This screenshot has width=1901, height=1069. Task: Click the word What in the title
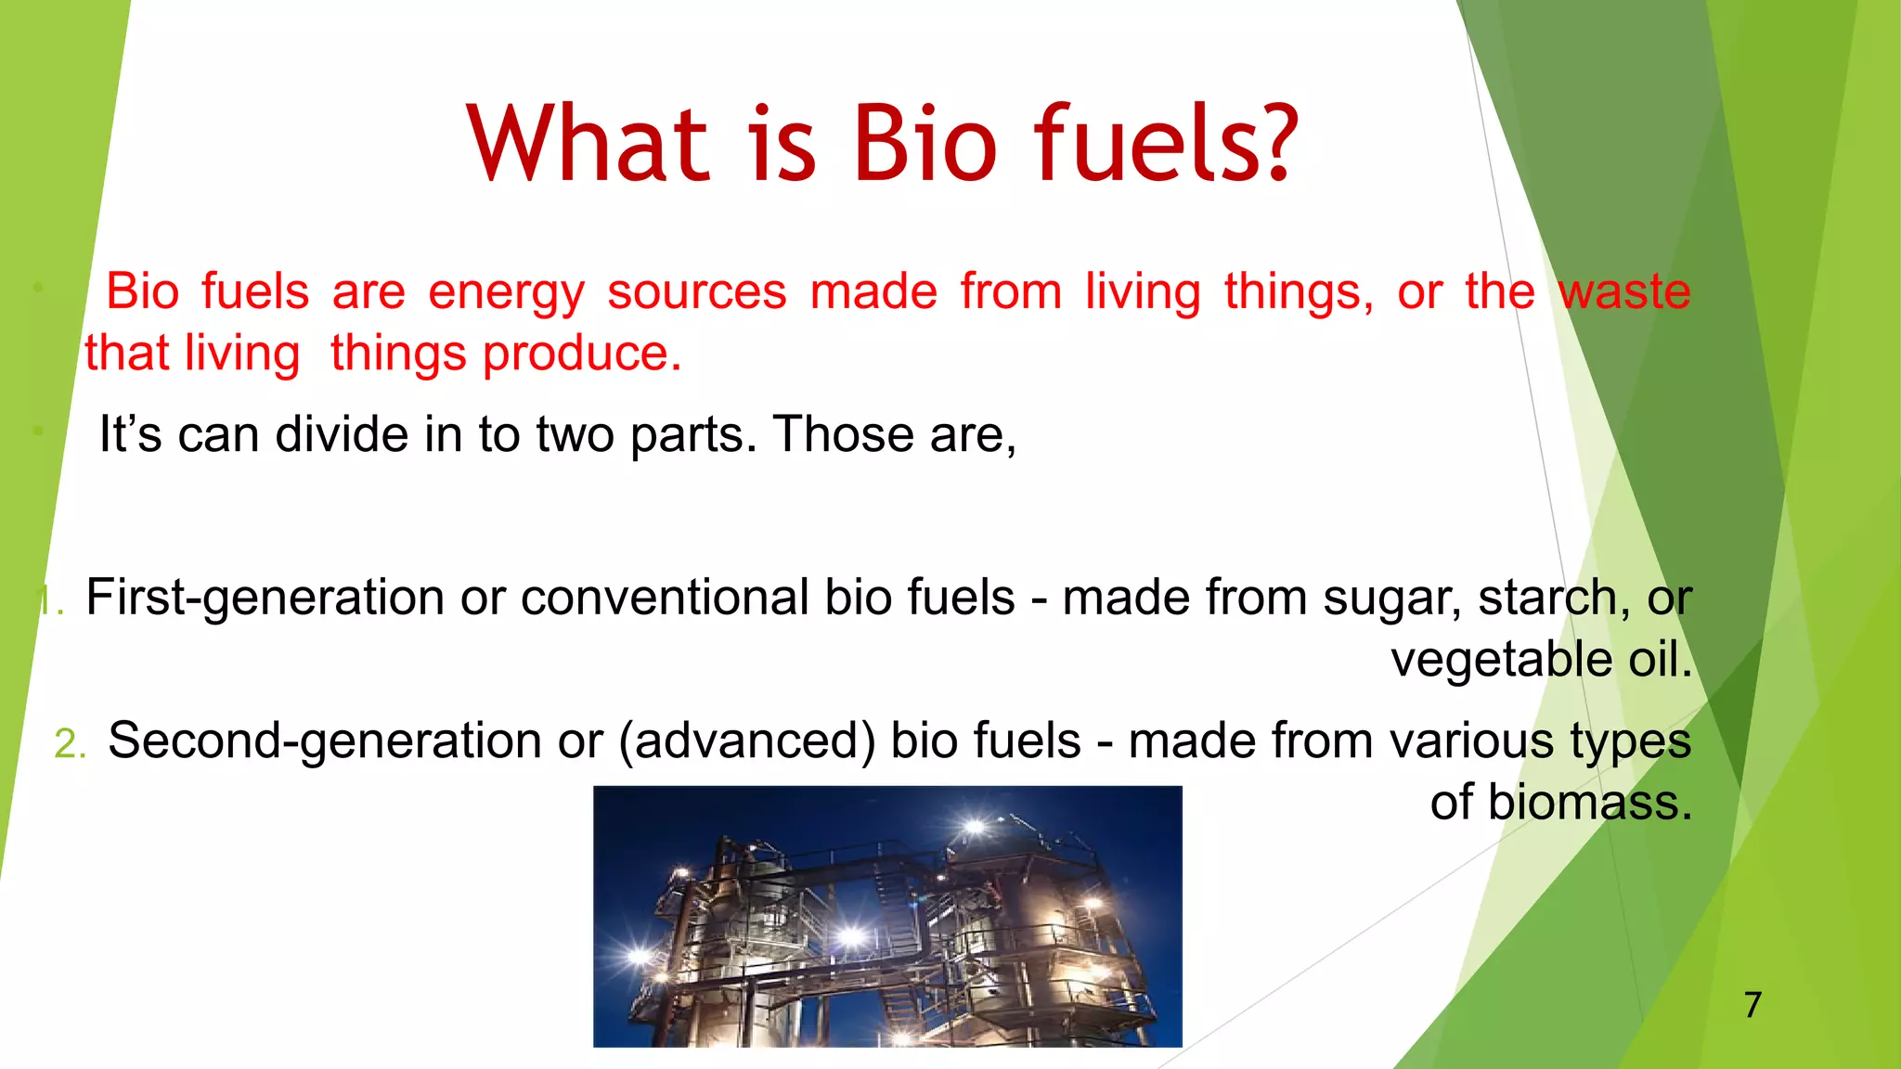click(x=588, y=144)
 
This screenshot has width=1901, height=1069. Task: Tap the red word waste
click(x=1624, y=291)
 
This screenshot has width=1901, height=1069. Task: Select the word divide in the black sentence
click(x=342, y=434)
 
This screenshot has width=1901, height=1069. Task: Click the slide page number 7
click(x=1752, y=1005)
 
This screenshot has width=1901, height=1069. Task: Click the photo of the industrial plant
click(x=887, y=917)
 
